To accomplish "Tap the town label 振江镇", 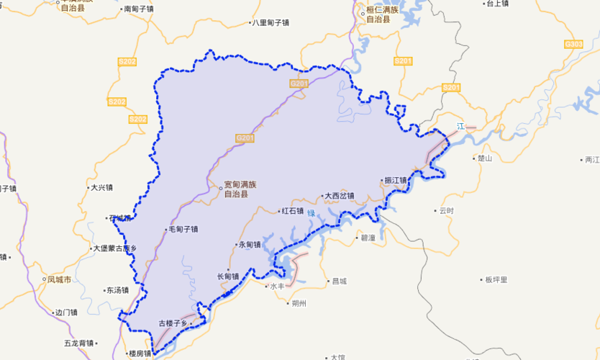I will point(396,180).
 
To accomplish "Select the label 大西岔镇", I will point(340,195).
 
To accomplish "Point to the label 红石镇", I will point(292,211).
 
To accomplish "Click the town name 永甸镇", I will point(250,244).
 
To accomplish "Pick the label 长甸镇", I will point(228,276).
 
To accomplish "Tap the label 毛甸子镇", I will point(183,230).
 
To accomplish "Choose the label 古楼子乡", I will point(173,323).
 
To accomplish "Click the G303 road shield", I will point(573,45).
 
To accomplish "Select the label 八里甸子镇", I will point(270,23).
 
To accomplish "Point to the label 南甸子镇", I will point(140,9).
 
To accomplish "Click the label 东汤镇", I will point(117,291).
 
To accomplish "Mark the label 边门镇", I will point(66,312).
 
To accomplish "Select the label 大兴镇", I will point(101,188).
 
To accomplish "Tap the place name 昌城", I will point(339,281).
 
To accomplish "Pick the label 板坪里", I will point(496,279).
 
